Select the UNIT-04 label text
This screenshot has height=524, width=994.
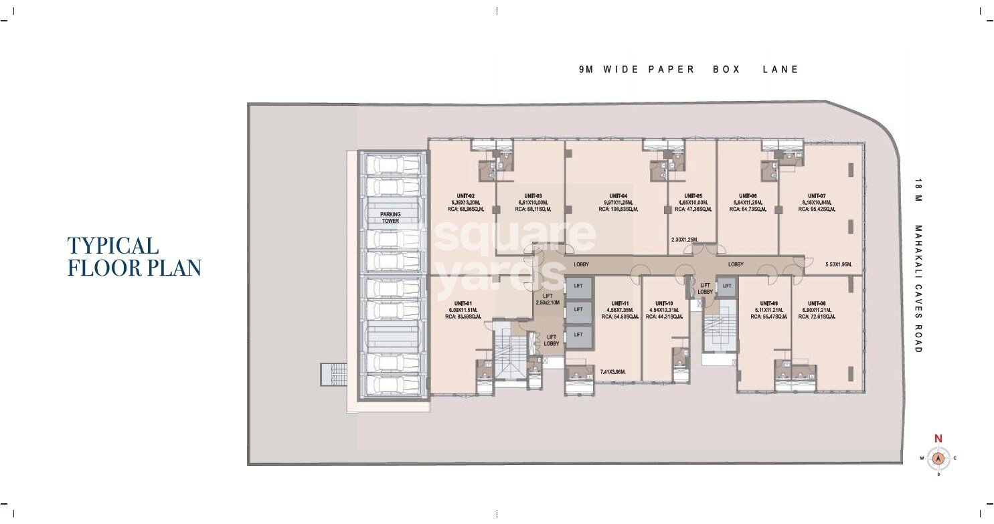618,196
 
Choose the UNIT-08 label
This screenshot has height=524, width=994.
816,303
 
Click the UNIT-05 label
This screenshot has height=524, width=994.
693,196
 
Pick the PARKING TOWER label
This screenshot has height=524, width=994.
390,217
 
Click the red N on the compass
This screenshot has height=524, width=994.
938,439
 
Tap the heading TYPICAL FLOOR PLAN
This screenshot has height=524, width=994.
134,256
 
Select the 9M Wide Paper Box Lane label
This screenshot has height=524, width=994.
689,70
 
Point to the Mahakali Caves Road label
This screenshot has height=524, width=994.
918,268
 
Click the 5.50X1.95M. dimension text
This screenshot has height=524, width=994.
838,264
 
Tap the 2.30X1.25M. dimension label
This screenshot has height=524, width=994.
684,240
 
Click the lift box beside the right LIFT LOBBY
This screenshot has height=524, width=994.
727,286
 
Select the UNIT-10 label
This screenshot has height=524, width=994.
664,303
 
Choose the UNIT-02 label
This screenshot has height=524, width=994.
463,196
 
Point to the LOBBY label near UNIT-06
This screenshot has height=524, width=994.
736,264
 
